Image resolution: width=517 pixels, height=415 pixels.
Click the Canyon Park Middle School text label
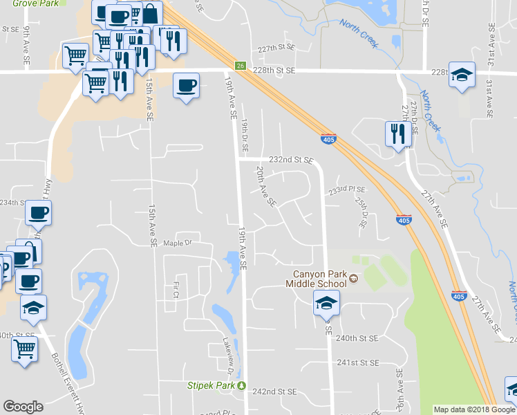coord(318,278)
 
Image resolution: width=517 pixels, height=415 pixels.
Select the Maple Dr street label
coord(177,243)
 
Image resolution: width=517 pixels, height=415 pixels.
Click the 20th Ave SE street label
coord(265,187)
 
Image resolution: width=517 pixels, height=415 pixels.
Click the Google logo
coord(23,407)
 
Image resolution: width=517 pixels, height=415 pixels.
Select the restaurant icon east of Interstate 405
coord(397,133)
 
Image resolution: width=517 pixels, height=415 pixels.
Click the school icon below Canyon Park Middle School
coord(326,302)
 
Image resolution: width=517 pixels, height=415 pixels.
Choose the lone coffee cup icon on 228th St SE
coord(187,86)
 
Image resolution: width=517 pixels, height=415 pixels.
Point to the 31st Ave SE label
coord(489,98)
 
